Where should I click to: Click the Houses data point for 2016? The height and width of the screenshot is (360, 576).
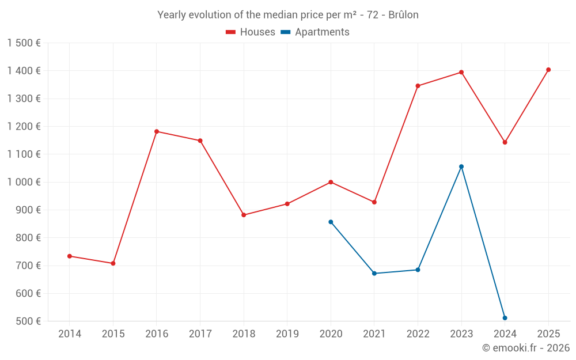(x=157, y=131)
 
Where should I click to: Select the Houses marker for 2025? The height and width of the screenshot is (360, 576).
(x=548, y=70)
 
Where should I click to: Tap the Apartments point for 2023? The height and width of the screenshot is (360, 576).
(x=461, y=166)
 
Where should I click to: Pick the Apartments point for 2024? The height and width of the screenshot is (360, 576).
(x=505, y=318)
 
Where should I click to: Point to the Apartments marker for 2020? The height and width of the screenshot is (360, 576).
(x=331, y=222)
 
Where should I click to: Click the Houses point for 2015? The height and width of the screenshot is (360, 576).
(x=113, y=263)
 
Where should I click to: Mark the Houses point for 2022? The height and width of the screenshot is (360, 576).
(x=418, y=86)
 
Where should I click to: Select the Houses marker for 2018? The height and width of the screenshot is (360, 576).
(x=244, y=215)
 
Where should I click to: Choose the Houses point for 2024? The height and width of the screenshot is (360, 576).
(x=505, y=142)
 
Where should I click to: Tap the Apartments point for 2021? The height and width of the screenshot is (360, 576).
(x=374, y=274)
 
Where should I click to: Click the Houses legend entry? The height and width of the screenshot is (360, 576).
(x=251, y=32)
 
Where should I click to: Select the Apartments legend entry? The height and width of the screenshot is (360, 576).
(x=315, y=32)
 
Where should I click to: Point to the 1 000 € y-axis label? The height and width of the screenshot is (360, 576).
(x=24, y=182)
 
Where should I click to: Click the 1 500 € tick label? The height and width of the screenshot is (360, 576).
(x=24, y=43)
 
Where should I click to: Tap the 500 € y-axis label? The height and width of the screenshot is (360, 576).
(x=28, y=321)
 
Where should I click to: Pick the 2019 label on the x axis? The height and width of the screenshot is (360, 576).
(x=287, y=334)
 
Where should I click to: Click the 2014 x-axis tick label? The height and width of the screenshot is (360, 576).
(x=70, y=334)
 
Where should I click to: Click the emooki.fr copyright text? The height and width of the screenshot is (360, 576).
(x=526, y=348)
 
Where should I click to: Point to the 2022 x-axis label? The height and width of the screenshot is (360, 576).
(x=418, y=334)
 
